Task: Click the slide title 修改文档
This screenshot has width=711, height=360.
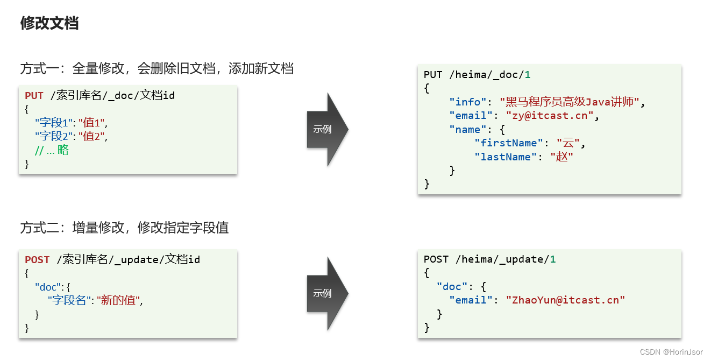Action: click(49, 23)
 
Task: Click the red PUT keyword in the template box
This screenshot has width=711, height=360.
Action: click(34, 96)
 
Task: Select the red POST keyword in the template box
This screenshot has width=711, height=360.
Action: click(37, 260)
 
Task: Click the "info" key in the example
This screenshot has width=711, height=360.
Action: click(468, 102)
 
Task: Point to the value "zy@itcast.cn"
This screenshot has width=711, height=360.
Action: click(549, 116)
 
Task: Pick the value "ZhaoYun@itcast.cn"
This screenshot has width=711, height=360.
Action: click(565, 300)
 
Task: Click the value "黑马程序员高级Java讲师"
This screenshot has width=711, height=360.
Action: click(572, 102)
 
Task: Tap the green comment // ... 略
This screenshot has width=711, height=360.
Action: click(52, 150)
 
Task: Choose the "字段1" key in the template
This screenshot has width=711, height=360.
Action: click(54, 123)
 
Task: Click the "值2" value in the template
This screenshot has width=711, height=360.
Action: click(92, 137)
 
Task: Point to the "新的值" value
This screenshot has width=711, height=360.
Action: click(119, 300)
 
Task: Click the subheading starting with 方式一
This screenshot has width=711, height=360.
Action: click(157, 69)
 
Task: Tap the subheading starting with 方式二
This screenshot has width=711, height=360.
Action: click(125, 228)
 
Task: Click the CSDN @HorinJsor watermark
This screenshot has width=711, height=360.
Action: click(671, 351)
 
